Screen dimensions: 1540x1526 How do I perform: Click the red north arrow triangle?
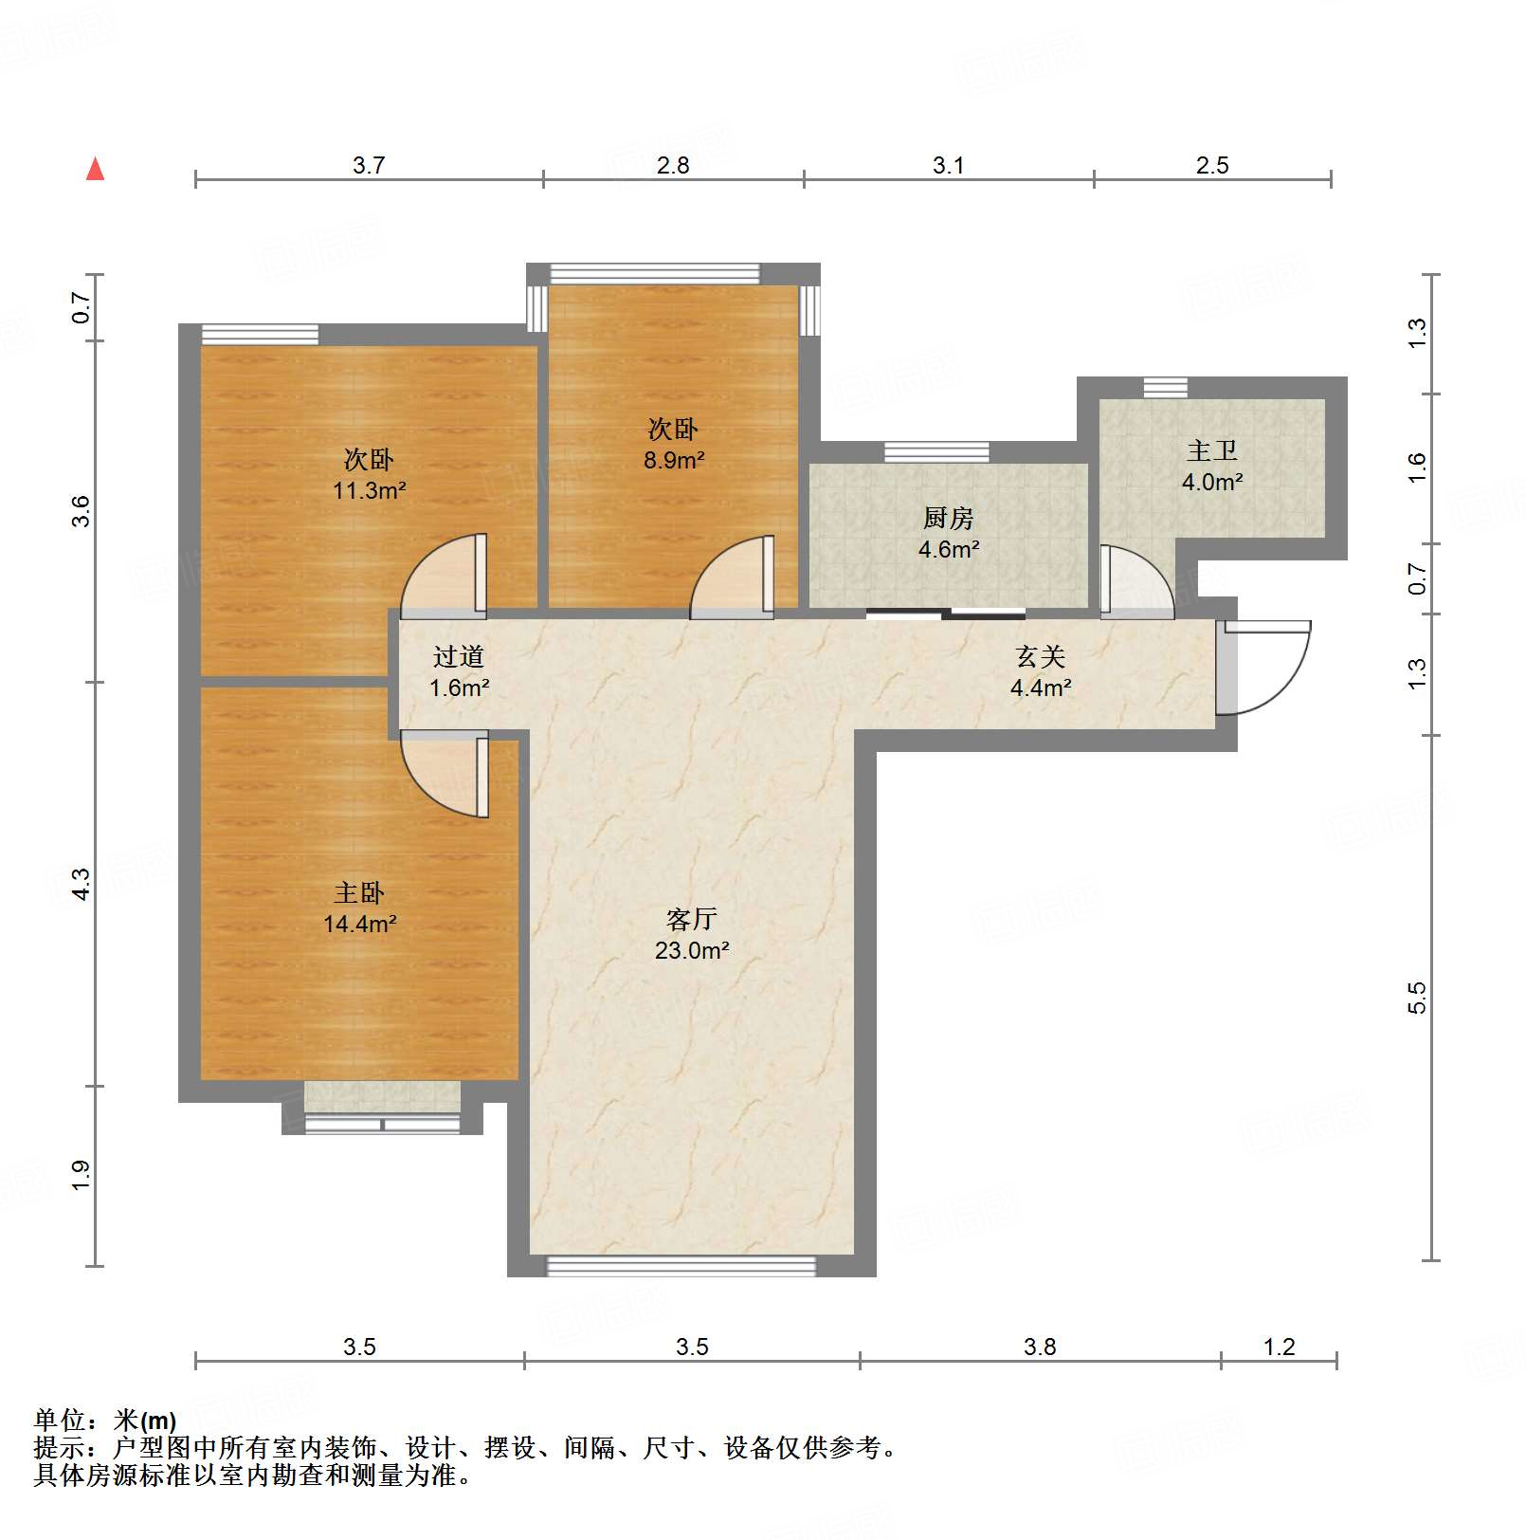click(x=95, y=170)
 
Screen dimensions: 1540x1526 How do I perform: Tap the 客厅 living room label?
click(x=691, y=919)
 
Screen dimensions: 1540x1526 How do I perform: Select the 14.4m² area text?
click(x=359, y=924)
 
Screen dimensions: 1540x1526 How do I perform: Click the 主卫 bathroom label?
click(x=1211, y=451)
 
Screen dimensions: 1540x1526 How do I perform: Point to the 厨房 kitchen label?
click(x=948, y=518)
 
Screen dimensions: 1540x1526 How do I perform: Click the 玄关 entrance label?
click(x=1040, y=656)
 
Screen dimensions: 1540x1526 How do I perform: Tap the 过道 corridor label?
click(x=458, y=656)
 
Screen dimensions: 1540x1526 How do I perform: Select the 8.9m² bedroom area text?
click(x=673, y=461)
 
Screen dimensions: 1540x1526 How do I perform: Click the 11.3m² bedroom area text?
click(x=369, y=491)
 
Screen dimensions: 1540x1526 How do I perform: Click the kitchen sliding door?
click(x=945, y=614)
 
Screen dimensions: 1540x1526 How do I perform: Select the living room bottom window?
click(x=681, y=1266)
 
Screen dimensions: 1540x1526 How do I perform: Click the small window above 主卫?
click(x=1164, y=387)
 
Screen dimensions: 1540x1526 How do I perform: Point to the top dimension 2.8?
click(x=673, y=166)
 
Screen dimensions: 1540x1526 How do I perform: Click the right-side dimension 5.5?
click(x=1416, y=998)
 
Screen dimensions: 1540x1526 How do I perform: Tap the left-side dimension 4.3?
click(x=82, y=884)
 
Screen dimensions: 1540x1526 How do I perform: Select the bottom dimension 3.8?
click(x=1040, y=1347)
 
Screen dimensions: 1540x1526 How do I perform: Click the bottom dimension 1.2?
click(x=1279, y=1347)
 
